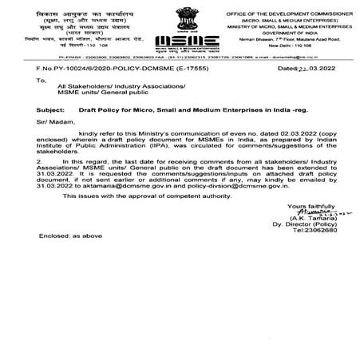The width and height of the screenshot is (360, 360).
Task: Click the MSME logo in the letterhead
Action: pos(176,42)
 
